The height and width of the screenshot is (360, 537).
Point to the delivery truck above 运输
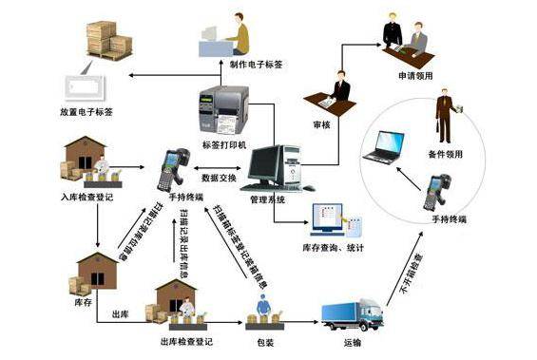tap(353, 313)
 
